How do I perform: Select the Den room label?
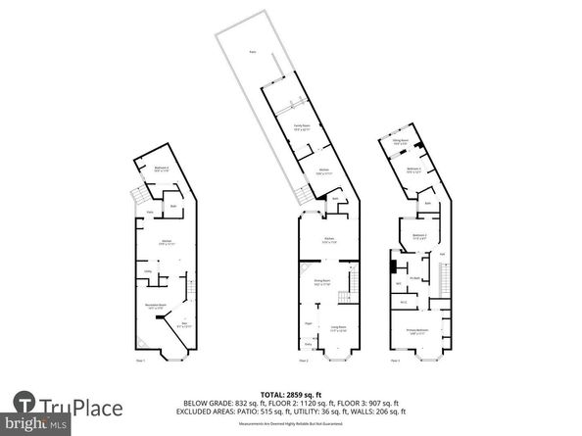pos(183,324)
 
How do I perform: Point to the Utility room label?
pos(147,271)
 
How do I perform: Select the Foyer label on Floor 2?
pos(308,322)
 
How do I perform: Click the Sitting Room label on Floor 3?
pos(400,141)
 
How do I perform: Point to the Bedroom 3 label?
pos(413,170)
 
